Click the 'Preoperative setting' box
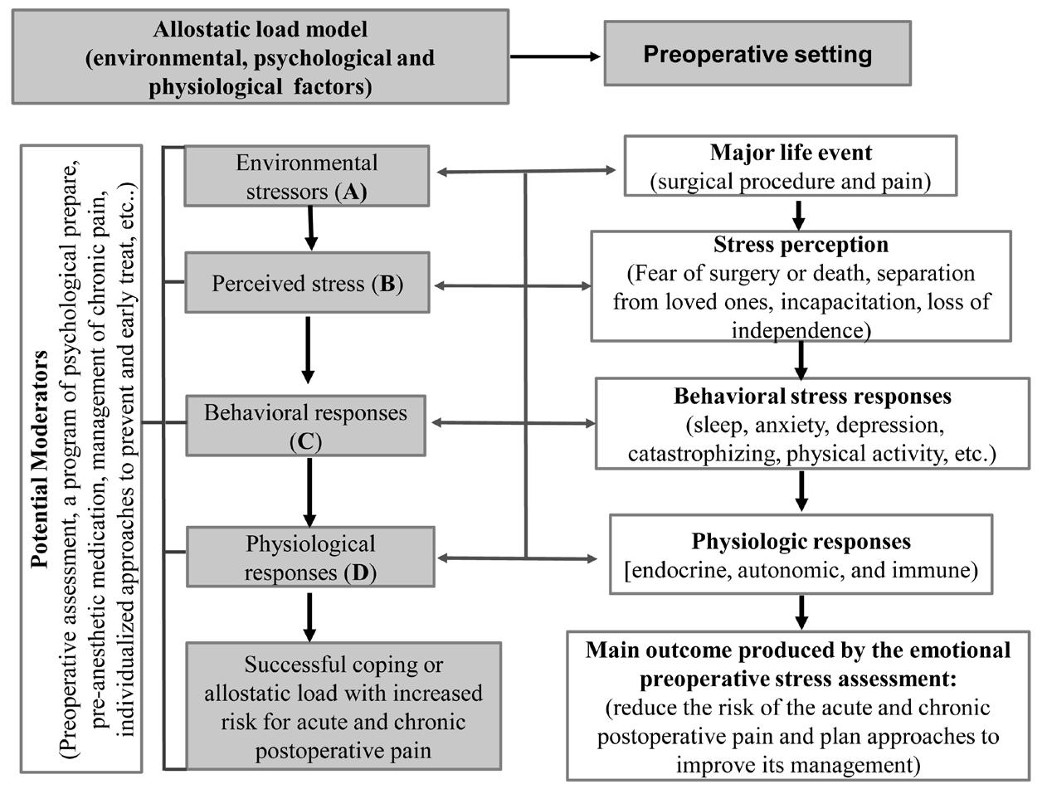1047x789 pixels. pos(757,53)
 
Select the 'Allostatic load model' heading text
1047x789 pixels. pos(261,30)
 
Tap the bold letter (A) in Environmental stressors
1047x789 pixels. pos(351,192)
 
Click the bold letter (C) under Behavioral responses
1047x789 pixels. pos(306,442)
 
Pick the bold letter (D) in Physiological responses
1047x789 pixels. pos(360,572)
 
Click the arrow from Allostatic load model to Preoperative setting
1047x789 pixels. pos(555,56)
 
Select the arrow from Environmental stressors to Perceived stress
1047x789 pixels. pos(310,228)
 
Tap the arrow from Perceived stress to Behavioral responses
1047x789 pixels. pos(308,349)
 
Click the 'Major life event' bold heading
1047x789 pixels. pos(791,153)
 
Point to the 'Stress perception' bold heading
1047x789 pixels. pos(801,245)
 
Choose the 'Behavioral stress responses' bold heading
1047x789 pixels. pos(812,397)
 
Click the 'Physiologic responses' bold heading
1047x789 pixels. pos(801,542)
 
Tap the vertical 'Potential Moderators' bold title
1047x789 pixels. pos(40,459)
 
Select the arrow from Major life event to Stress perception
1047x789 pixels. pos(798,215)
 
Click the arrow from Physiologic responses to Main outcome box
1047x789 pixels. pos(801,612)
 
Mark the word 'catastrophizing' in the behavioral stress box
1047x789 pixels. pos(701,454)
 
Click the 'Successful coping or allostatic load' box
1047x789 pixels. pos(343,706)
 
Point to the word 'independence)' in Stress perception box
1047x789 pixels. pos(801,330)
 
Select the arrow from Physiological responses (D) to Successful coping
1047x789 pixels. pos(309,617)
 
